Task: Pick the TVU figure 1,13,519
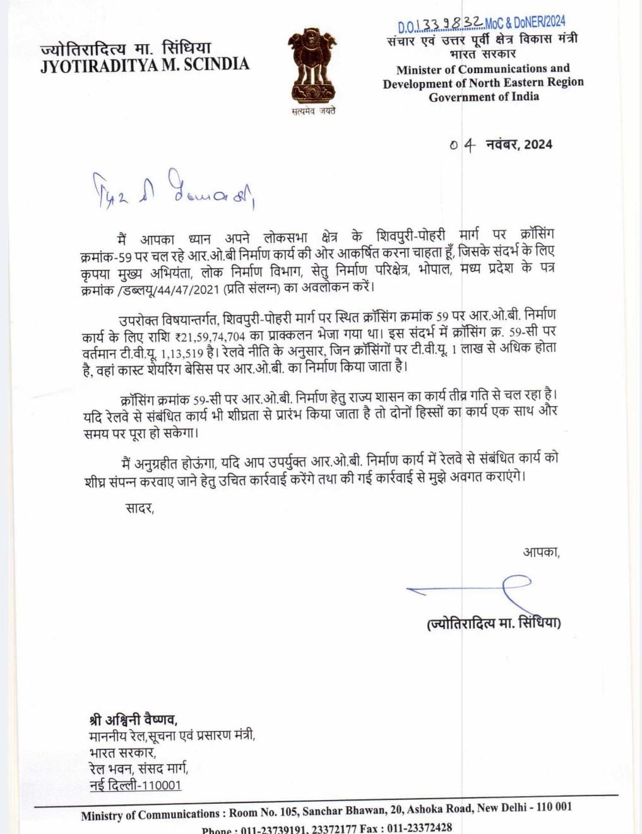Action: (x=182, y=354)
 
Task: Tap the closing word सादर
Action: (x=140, y=508)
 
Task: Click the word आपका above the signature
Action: (x=541, y=552)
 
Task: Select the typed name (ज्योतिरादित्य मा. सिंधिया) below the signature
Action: (x=494, y=623)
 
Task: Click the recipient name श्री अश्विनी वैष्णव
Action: (x=133, y=719)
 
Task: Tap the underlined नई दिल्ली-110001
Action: (x=135, y=785)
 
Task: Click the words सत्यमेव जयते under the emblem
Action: (x=313, y=111)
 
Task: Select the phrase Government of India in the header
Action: (x=484, y=97)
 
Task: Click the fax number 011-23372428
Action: (x=419, y=828)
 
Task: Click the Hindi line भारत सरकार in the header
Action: (x=482, y=54)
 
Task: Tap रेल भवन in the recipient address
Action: (x=110, y=768)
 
